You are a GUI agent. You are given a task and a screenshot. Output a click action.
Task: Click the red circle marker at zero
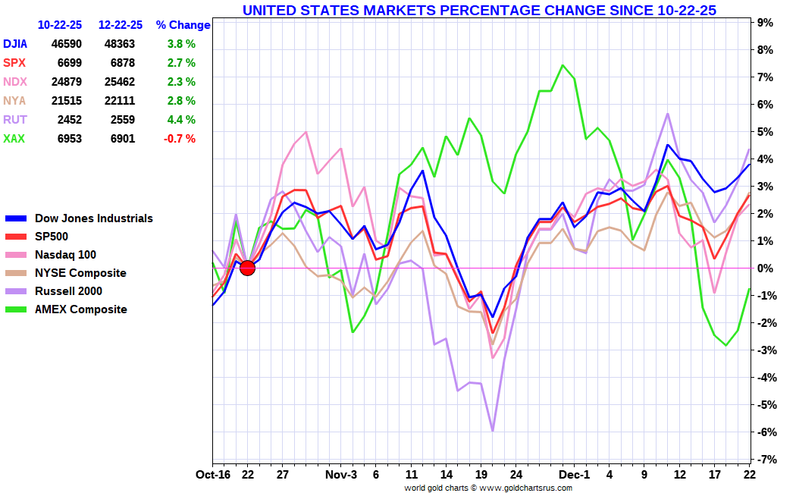point(247,267)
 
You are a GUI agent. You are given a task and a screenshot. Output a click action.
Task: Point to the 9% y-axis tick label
point(766,23)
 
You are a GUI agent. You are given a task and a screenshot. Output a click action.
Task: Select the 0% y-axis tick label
point(766,268)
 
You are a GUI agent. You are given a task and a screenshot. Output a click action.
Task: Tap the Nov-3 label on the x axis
point(340,476)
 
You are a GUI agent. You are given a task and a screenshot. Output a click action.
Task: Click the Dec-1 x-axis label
point(574,476)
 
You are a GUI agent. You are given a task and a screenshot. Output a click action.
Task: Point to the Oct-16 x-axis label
point(212,476)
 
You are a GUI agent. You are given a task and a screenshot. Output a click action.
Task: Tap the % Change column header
point(183,25)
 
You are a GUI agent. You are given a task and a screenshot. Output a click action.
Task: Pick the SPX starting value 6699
point(69,63)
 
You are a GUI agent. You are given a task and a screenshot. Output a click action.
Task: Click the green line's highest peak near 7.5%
point(563,65)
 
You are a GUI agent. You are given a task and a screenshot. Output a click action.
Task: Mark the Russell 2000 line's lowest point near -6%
point(493,431)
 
